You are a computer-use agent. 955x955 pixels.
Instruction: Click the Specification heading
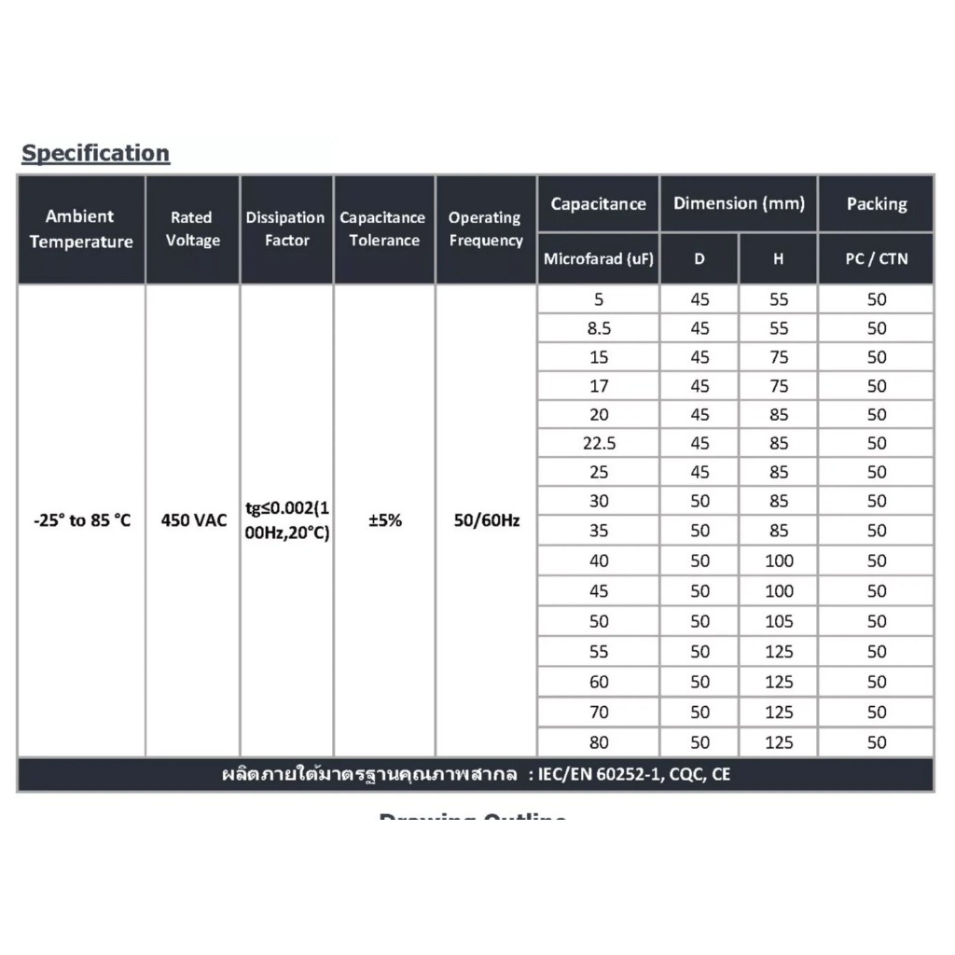click(95, 153)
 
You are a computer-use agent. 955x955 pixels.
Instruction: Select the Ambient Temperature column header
click(80, 228)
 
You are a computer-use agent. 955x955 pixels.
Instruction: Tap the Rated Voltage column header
click(192, 228)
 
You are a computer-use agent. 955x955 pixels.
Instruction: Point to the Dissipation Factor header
click(285, 228)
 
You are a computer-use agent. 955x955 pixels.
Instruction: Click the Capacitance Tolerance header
click(382, 228)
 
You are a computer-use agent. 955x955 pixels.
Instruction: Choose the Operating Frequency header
click(485, 228)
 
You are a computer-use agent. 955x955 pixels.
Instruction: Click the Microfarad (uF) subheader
click(598, 258)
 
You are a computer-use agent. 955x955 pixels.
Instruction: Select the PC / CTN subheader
click(876, 258)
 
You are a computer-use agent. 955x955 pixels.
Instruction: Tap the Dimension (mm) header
click(739, 203)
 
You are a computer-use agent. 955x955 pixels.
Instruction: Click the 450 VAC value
click(193, 520)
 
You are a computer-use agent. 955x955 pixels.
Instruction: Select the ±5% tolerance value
click(384, 520)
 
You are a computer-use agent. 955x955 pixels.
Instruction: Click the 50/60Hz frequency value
click(486, 520)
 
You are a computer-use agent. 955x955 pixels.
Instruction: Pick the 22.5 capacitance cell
click(599, 444)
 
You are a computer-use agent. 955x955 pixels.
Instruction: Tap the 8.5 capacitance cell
click(599, 328)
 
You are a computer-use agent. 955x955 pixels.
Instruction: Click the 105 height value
click(779, 621)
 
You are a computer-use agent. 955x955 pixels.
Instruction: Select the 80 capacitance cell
click(599, 743)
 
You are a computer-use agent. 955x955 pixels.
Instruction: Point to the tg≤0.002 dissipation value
click(285, 508)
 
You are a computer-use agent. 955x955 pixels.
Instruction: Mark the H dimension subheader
click(778, 258)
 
